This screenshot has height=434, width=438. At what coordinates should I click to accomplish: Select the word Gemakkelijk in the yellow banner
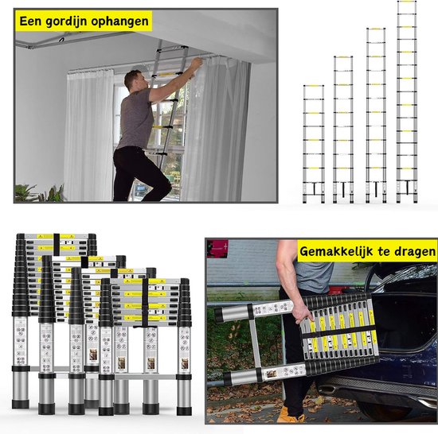pyautogui.click(x=339, y=252)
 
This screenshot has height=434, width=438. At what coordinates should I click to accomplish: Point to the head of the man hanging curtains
pyautogui.click(x=134, y=79)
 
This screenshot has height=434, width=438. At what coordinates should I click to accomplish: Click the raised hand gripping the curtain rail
pyautogui.click(x=195, y=62)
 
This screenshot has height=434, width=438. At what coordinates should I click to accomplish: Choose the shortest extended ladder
pyautogui.click(x=313, y=143)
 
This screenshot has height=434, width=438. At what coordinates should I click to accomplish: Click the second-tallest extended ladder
pyautogui.click(x=375, y=115)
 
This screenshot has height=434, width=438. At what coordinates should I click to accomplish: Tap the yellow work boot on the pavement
pyautogui.click(x=291, y=415)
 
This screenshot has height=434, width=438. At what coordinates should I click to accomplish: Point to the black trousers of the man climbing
pyautogui.click(x=137, y=171)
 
